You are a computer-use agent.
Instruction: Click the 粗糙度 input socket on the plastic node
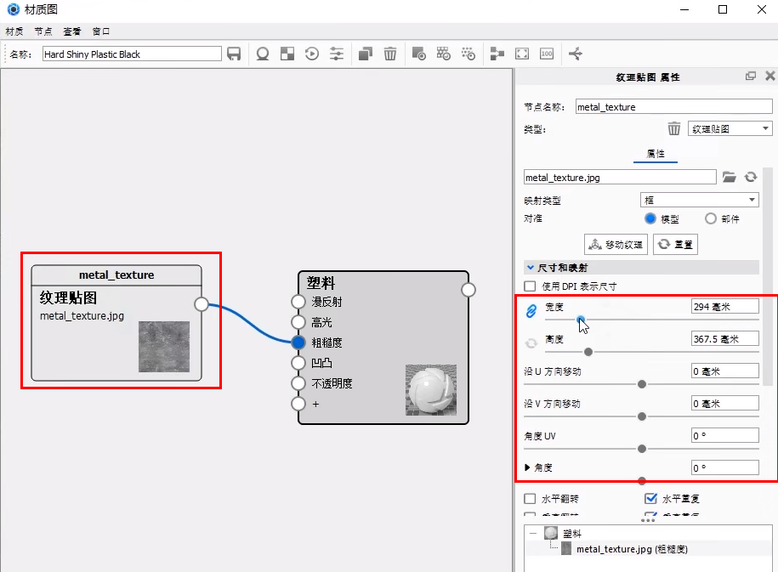[x=298, y=343]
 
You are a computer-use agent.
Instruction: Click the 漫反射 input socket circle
[x=298, y=302]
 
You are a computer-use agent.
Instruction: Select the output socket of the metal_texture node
[x=201, y=304]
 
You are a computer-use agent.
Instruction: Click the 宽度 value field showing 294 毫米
[x=724, y=306]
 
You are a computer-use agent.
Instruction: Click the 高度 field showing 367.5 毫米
[x=724, y=339]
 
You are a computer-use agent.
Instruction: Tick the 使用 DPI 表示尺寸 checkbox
[x=531, y=286]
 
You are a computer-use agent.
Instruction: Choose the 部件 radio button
[x=712, y=218]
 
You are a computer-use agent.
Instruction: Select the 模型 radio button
[x=651, y=218]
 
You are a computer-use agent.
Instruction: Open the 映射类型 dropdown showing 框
[x=699, y=200]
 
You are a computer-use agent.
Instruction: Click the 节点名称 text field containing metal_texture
[x=672, y=107]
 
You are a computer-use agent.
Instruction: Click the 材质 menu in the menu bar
[x=14, y=31]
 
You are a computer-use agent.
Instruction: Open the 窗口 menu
[x=100, y=31]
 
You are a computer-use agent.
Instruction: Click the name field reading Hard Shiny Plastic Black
[x=132, y=54]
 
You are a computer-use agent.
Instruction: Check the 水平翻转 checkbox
[x=531, y=499]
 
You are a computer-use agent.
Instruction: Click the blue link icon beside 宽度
[x=531, y=311]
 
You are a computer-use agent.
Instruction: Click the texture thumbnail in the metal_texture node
[x=164, y=346]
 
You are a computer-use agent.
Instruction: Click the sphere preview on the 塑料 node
[x=431, y=390]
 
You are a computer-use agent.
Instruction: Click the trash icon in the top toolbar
[x=389, y=54]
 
